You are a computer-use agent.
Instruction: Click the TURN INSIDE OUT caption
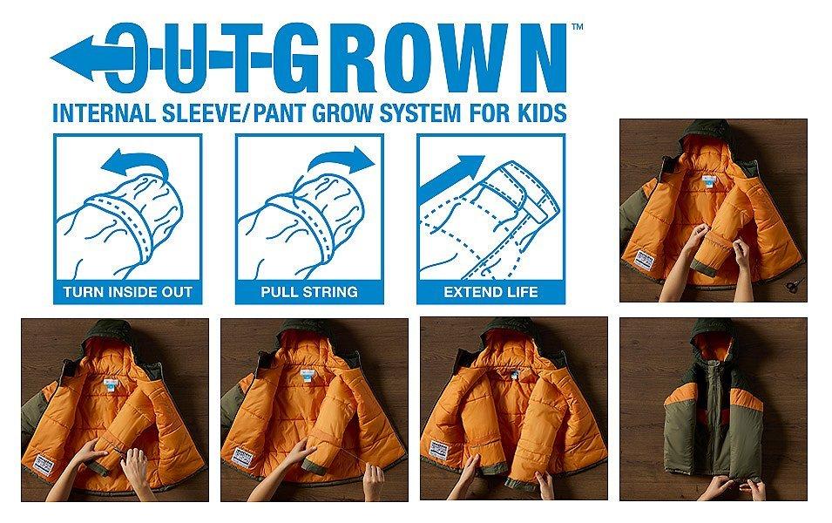127,292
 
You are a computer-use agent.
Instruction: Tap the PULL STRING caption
309,292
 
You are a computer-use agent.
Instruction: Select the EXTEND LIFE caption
490,292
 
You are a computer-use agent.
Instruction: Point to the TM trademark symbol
578,26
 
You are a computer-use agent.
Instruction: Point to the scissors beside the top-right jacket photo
795,285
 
